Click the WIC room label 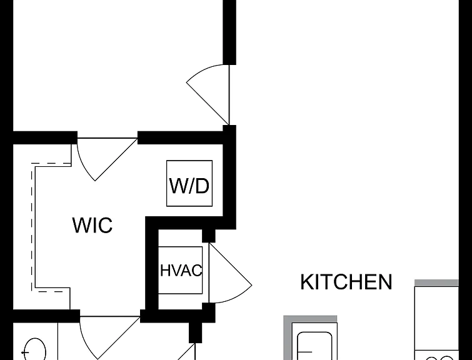tap(93, 224)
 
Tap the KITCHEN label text tap(346, 282)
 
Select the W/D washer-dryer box tap(189, 183)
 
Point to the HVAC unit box tap(180, 270)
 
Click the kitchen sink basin tap(314, 346)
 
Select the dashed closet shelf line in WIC tap(32, 227)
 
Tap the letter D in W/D tap(202, 186)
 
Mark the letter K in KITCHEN tap(307, 282)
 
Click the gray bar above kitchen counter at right tap(436, 282)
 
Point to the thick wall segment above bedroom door tap(229, 32)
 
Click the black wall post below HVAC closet tap(195, 332)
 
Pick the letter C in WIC tap(105, 225)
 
